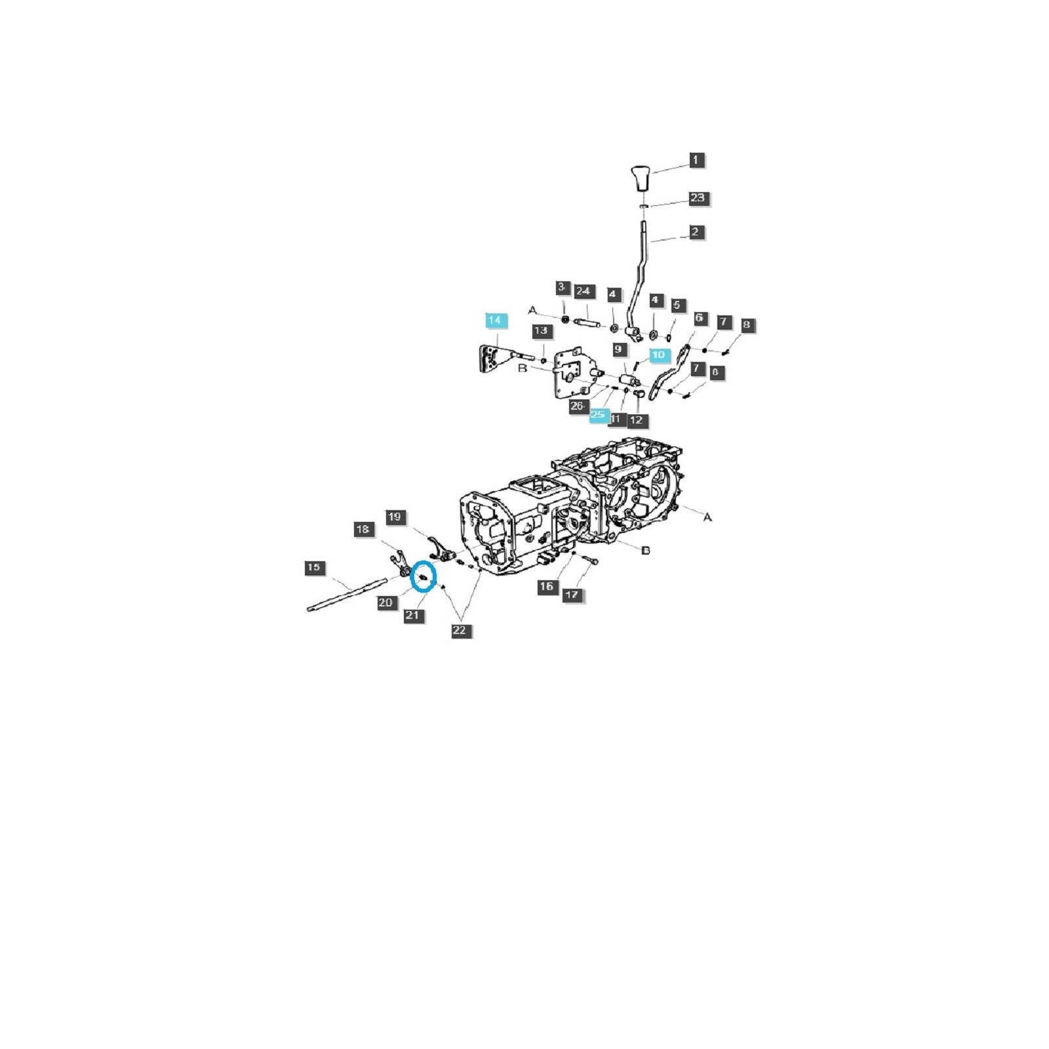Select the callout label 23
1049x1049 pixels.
(x=698, y=197)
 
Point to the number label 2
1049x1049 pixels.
(x=696, y=231)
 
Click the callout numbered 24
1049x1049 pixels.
(x=583, y=291)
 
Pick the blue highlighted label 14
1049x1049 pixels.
(x=495, y=320)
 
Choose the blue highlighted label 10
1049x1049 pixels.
(x=658, y=355)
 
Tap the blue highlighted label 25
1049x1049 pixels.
(x=598, y=415)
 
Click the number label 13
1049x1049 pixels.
(x=541, y=330)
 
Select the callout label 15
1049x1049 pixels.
(x=314, y=567)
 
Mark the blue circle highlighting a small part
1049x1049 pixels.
(x=423, y=577)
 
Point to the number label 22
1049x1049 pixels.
(x=460, y=631)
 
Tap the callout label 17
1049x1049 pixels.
(x=572, y=595)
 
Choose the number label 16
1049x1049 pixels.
(x=547, y=587)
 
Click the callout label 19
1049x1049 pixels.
(x=395, y=517)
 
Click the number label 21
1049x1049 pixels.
(x=412, y=616)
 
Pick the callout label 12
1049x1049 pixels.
(x=636, y=420)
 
